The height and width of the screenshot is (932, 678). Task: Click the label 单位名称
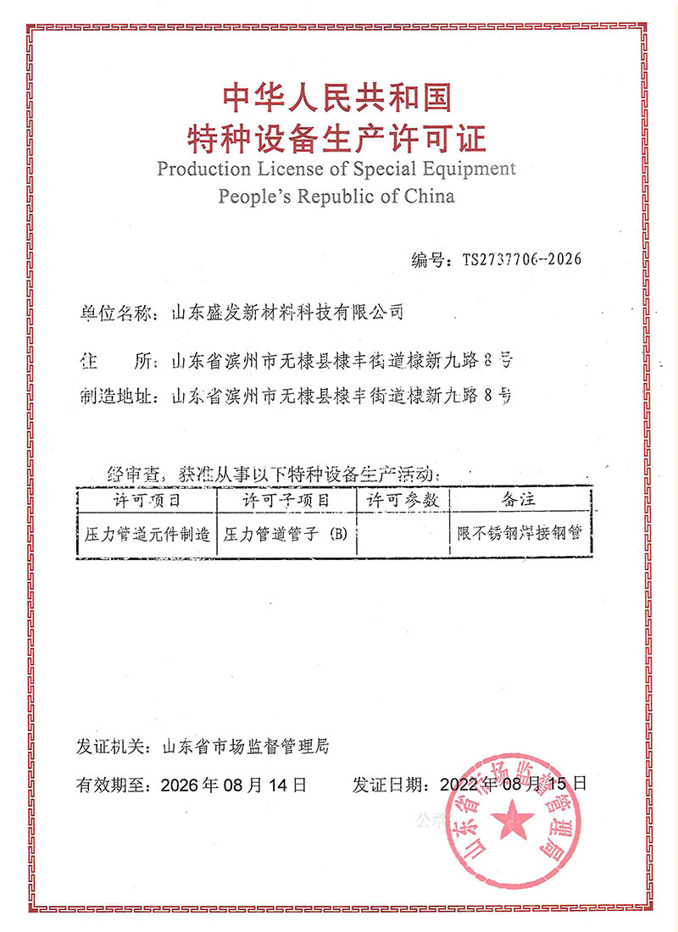point(114,313)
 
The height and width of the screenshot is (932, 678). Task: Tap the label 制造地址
point(114,395)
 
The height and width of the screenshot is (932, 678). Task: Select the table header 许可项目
point(147,500)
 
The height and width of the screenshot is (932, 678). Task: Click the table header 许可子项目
point(286,500)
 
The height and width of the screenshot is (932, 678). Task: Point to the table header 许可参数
point(403,500)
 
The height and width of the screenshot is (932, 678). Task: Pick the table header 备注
point(519,500)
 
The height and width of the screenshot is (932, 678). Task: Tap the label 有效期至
point(114,785)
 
